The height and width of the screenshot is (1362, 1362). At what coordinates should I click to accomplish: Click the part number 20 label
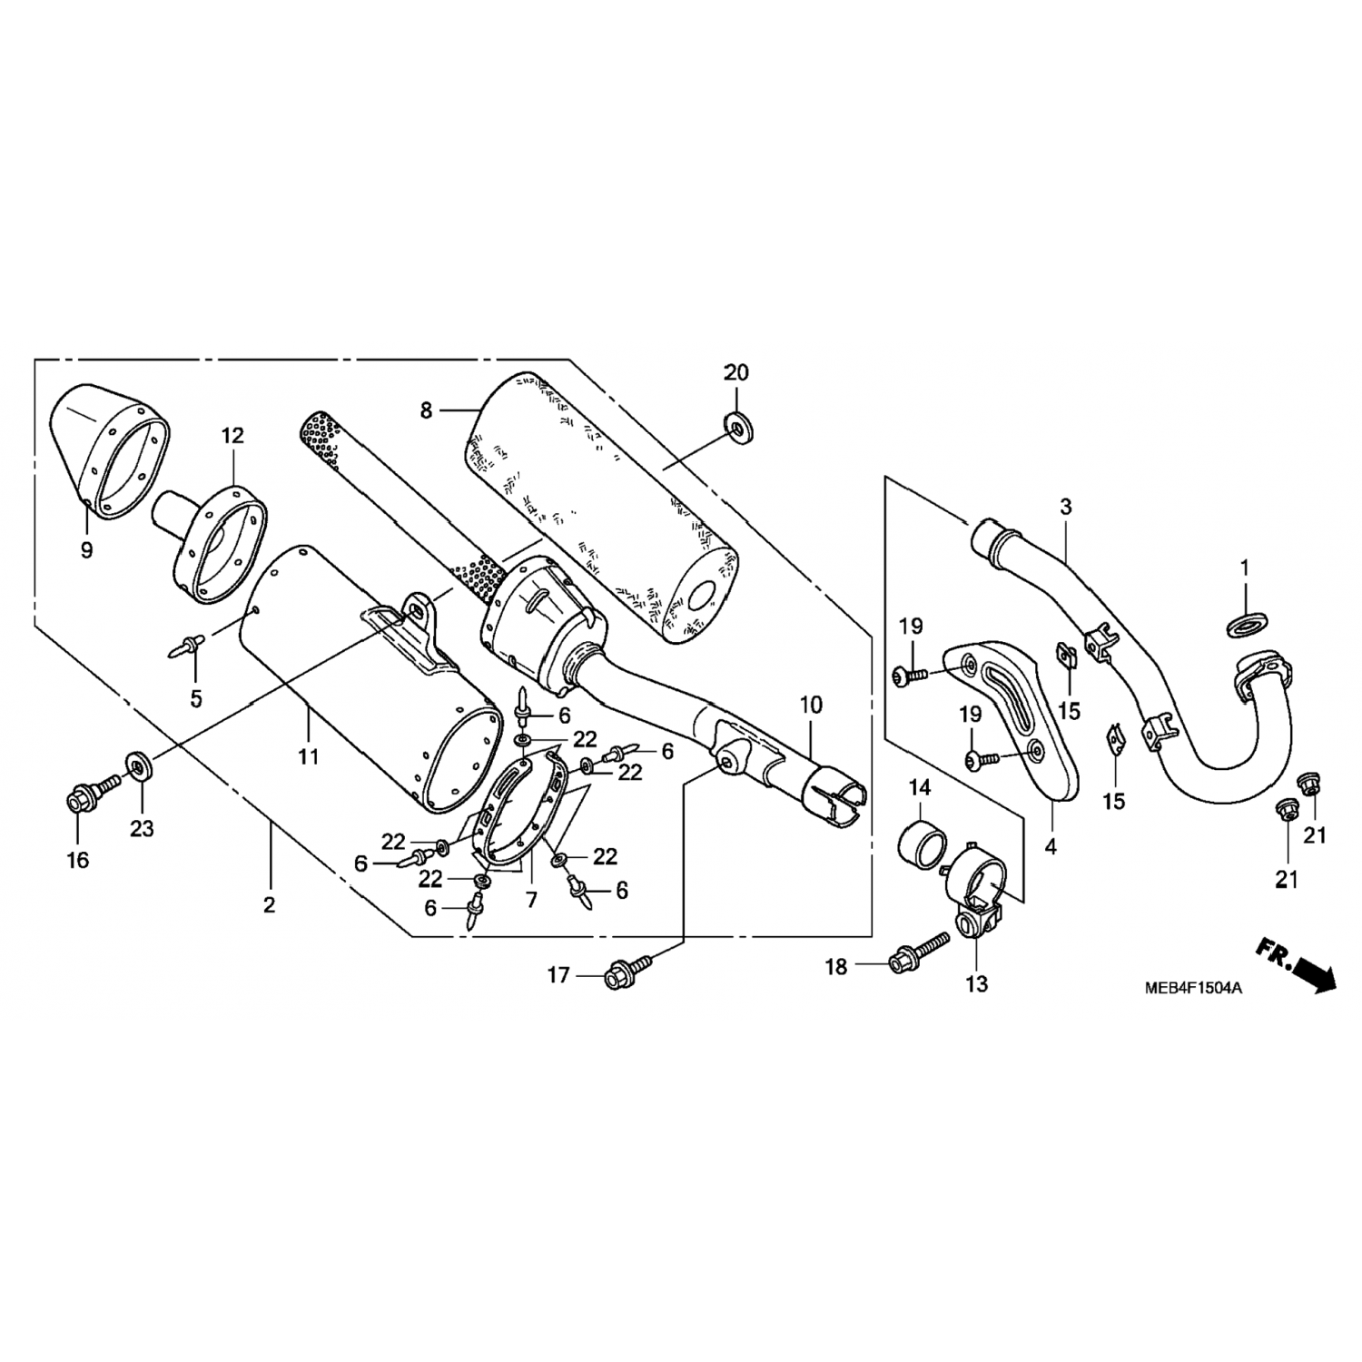(736, 372)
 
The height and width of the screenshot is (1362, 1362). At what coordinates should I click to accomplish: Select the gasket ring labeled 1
(1245, 624)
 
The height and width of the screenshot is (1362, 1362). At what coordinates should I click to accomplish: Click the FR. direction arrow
(1297, 967)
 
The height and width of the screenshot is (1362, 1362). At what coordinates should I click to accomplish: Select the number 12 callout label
(232, 436)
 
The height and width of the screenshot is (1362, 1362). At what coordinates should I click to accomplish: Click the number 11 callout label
(309, 755)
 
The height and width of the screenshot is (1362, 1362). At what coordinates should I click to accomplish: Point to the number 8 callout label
(426, 410)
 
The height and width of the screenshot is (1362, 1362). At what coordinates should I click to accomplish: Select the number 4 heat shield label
(1051, 847)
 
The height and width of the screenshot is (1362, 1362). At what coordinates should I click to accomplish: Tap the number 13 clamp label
(976, 983)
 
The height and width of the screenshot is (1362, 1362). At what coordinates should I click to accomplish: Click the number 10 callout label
(811, 705)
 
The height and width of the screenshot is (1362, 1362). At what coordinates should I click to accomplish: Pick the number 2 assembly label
(269, 904)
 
